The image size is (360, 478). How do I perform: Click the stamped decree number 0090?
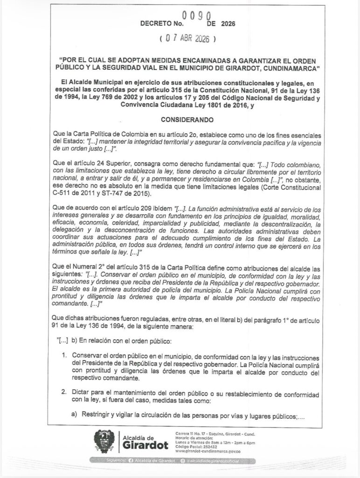tap(199, 15)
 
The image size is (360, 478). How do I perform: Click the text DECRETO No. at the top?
tap(163, 22)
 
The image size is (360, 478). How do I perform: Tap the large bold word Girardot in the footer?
tap(145, 446)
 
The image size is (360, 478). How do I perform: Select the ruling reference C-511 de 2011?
tap(74, 194)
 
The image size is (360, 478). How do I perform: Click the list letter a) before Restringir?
tap(74, 414)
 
